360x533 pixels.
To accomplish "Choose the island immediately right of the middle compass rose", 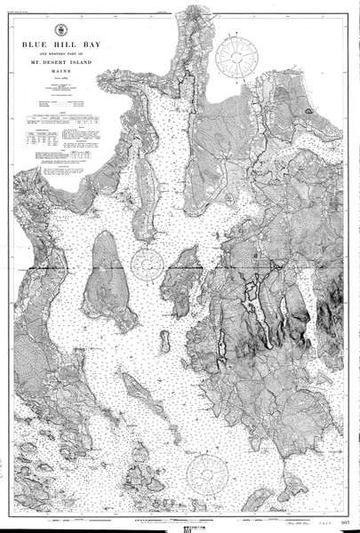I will point(184,263).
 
